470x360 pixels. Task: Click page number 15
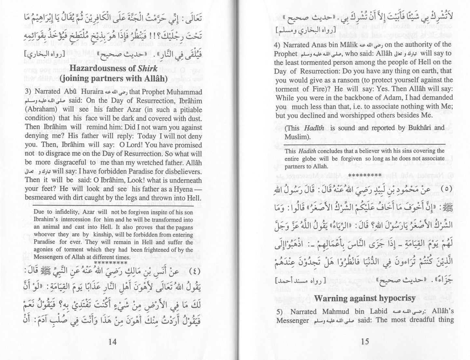point(365,341)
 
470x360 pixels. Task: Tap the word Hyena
point(181,189)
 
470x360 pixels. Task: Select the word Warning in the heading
point(330,298)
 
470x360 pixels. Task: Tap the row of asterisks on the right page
point(365,175)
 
